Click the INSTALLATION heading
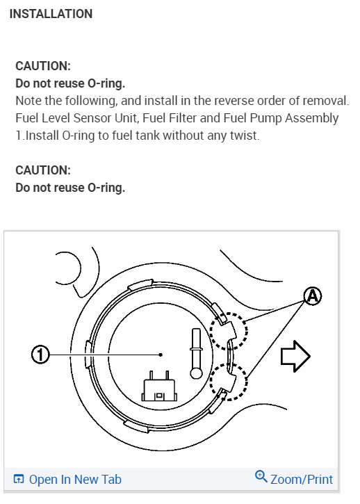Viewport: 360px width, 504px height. click(51, 14)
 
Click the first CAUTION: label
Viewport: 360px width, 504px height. click(43, 66)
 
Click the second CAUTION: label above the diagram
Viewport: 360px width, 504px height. click(43, 170)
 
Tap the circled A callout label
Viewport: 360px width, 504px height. click(313, 296)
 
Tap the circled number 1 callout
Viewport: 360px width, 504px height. click(40, 355)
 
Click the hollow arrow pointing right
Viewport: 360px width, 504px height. click(295, 356)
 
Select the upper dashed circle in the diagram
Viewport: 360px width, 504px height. click(229, 331)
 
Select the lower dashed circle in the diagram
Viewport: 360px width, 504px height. click(229, 382)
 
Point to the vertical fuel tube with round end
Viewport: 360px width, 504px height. click(197, 353)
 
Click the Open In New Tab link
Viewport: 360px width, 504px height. click(75, 479)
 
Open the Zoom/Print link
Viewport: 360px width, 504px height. click(302, 479)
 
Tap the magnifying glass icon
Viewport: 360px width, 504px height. click(261, 476)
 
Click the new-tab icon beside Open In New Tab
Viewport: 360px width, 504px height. click(19, 479)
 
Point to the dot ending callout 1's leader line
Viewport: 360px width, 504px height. click(161, 355)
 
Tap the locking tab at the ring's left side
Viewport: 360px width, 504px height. click(88, 354)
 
